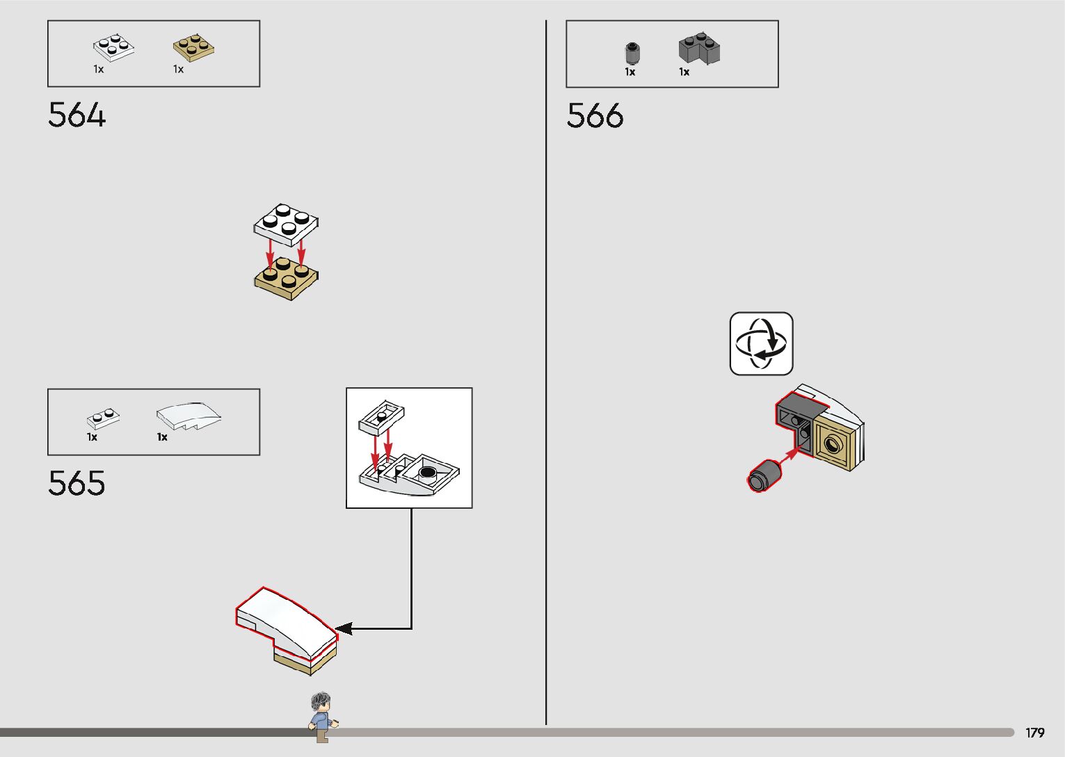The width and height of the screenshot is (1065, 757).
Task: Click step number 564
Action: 77,115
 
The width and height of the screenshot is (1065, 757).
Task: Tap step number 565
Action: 77,484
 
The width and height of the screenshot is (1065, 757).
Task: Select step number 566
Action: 595,116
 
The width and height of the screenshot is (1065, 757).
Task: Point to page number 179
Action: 1034,733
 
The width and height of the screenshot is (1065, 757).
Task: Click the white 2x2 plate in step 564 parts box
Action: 113,47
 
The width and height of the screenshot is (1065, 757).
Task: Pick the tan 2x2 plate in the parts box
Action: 193,47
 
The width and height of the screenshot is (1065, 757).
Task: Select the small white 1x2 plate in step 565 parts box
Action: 103,418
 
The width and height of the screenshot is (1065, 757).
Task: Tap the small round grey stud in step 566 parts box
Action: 632,53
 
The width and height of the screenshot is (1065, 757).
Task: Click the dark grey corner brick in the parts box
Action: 699,49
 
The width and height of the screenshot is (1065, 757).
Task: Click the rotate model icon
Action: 761,344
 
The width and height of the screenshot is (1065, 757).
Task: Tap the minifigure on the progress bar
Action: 321,717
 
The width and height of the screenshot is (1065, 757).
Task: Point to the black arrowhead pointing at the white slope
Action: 344,628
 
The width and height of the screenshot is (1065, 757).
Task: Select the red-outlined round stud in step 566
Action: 764,475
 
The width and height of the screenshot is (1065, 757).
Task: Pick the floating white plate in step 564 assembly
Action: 286,224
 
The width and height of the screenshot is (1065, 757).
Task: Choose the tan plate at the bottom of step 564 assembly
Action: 286,279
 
